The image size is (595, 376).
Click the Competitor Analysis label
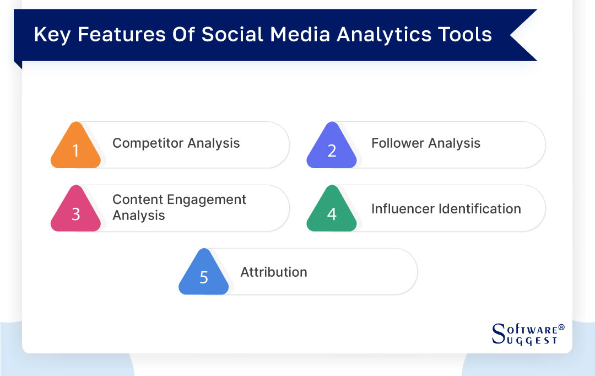click(x=176, y=143)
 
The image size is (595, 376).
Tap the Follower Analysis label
click(x=426, y=143)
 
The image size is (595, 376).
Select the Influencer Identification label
click(x=446, y=209)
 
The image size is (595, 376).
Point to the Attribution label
click(x=274, y=272)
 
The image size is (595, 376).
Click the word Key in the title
click(x=52, y=34)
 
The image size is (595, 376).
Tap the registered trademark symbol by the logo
click(x=561, y=327)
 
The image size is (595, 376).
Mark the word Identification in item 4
click(x=477, y=209)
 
